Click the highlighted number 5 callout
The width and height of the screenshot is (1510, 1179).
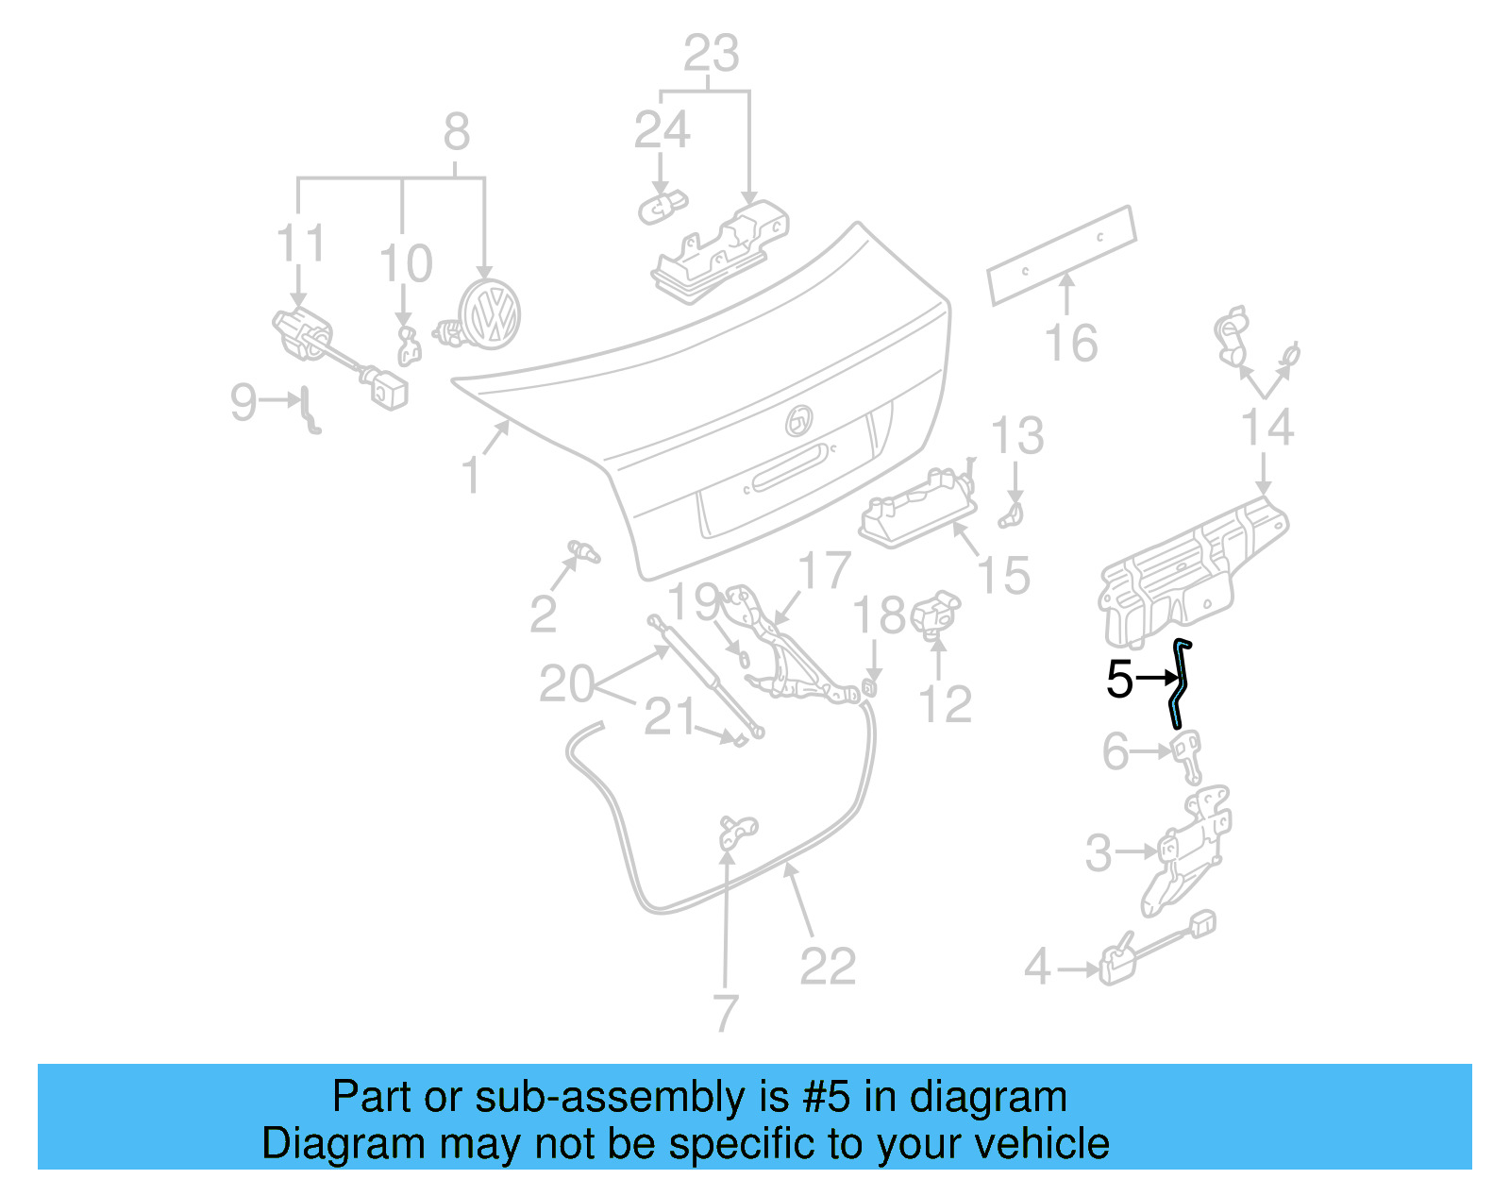[x=1119, y=679]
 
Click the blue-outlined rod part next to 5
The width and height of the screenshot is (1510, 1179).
[x=1180, y=684]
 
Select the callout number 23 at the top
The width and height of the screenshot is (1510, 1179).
[x=711, y=54]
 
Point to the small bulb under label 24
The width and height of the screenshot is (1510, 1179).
[x=662, y=205]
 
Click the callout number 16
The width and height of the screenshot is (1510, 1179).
[x=1071, y=343]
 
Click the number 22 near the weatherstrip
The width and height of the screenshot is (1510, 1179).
[x=828, y=966]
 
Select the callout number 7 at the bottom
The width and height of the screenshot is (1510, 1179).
[x=724, y=1013]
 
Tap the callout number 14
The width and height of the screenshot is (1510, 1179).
[x=1267, y=428]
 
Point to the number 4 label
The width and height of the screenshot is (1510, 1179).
[x=1037, y=967]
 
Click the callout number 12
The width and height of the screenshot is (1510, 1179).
[x=945, y=704]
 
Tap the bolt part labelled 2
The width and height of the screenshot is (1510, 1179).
[x=583, y=550]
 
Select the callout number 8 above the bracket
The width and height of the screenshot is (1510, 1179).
[x=457, y=132]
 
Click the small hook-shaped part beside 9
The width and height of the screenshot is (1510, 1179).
[x=309, y=411]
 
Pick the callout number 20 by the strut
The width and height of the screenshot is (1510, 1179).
[x=566, y=683]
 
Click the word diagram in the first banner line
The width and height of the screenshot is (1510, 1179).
[x=1009, y=1098]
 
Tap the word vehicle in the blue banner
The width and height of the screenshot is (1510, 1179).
[x=1055, y=1144]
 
